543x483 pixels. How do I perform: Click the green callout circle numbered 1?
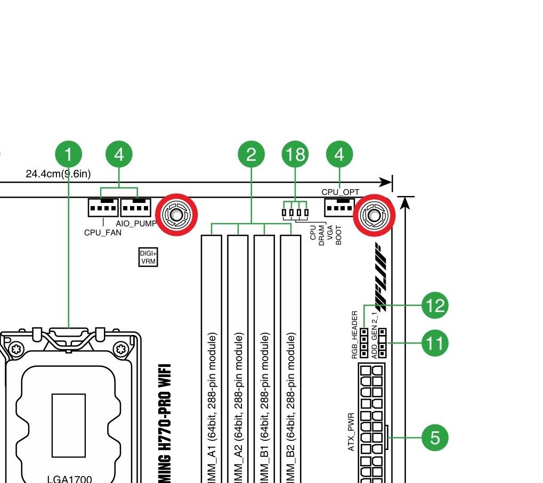pos(69,154)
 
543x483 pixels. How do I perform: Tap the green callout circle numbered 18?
pos(295,154)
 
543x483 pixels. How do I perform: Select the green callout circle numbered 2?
pos(251,154)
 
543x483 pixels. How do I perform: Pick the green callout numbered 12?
pos(435,306)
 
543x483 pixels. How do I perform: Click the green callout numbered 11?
pos(435,343)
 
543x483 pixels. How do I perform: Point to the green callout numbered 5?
pos(435,438)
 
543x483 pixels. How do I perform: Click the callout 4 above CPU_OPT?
pos(339,154)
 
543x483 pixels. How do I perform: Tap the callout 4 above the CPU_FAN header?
pos(119,154)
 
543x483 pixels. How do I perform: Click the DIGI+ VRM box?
pos(148,257)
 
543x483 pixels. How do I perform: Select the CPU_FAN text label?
pos(103,233)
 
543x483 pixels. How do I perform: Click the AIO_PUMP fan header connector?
pos(136,207)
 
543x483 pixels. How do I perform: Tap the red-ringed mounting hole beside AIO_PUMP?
pos(176,215)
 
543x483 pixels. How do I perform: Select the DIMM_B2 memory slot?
pos(290,362)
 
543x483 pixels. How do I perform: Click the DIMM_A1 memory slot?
pos(211,362)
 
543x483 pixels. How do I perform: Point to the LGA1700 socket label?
pos(68,478)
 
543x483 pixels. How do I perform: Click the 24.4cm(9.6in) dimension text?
pos(58,174)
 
